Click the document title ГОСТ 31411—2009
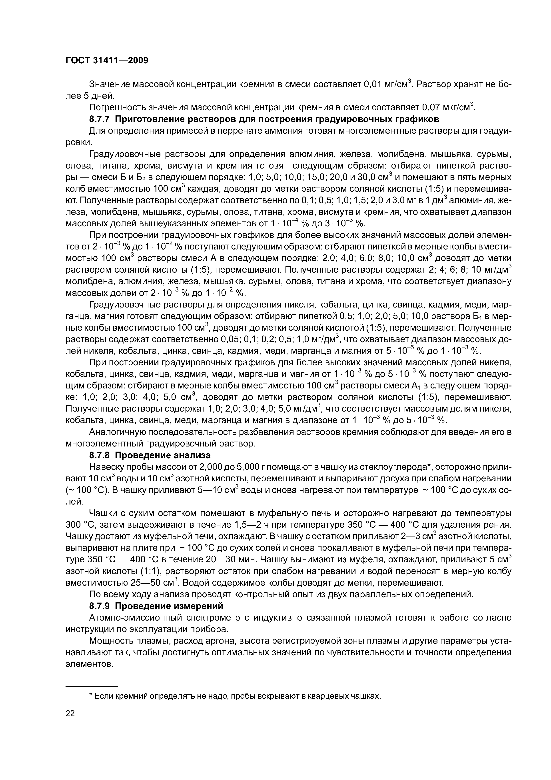pyautogui.click(x=107, y=60)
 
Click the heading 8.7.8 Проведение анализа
pyautogui.click(x=150, y=455)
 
